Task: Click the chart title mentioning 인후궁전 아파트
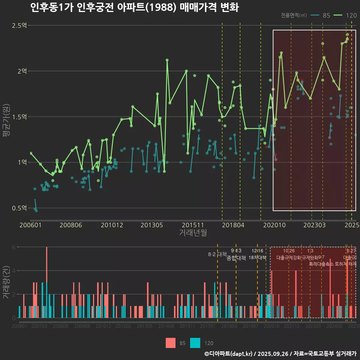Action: [134, 7]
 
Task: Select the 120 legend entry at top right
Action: [346, 15]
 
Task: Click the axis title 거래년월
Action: [193, 233]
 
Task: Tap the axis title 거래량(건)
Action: [5, 283]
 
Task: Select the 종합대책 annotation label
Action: [236, 258]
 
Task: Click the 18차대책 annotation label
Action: [257, 258]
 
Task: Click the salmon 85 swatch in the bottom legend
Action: [171, 343]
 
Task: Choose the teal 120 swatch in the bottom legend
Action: [195, 343]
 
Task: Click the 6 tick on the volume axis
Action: [14, 247]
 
